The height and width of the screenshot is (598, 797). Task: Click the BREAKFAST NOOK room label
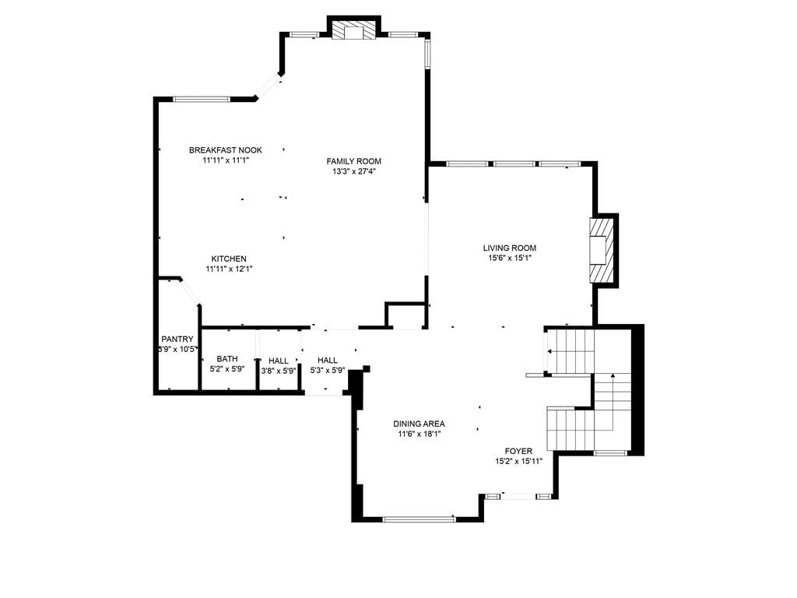click(x=226, y=150)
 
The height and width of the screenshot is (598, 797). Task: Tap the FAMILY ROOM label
click(x=354, y=161)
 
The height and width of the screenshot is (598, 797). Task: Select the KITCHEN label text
click(x=229, y=259)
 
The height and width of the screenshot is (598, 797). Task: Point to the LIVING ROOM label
click(x=509, y=248)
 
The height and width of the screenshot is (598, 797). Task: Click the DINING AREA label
click(x=419, y=424)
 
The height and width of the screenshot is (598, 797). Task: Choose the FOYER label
click(x=518, y=451)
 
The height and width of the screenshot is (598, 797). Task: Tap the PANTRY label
click(x=177, y=339)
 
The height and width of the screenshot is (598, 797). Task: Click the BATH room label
click(x=227, y=359)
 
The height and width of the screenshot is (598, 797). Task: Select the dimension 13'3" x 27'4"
click(x=354, y=171)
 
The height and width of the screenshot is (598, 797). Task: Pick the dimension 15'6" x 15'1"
click(x=509, y=259)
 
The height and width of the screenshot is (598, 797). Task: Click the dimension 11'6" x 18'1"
click(x=420, y=434)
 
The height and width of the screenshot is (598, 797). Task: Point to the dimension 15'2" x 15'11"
click(x=519, y=462)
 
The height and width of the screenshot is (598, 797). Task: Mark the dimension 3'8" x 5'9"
click(x=279, y=371)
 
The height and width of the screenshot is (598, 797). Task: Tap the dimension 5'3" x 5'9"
click(x=328, y=371)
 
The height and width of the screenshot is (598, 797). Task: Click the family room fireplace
click(x=354, y=30)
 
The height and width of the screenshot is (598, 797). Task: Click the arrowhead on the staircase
click(x=613, y=376)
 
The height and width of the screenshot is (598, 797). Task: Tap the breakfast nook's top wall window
click(x=202, y=99)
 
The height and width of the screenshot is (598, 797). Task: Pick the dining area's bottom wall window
click(x=419, y=519)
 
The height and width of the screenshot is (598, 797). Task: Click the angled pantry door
click(x=190, y=292)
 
